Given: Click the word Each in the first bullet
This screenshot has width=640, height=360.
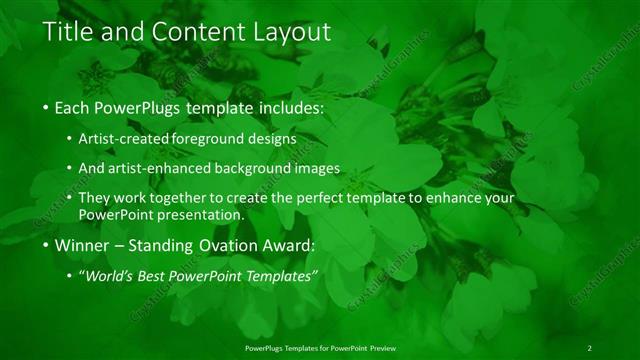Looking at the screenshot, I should click(x=75, y=105).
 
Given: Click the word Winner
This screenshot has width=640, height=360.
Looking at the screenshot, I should click(x=85, y=244).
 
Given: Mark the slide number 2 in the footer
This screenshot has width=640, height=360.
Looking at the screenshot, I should click(x=589, y=347).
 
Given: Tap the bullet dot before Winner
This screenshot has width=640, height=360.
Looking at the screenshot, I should click(x=47, y=245).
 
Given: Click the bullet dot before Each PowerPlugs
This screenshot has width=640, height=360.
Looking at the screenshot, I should click(x=47, y=106).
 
